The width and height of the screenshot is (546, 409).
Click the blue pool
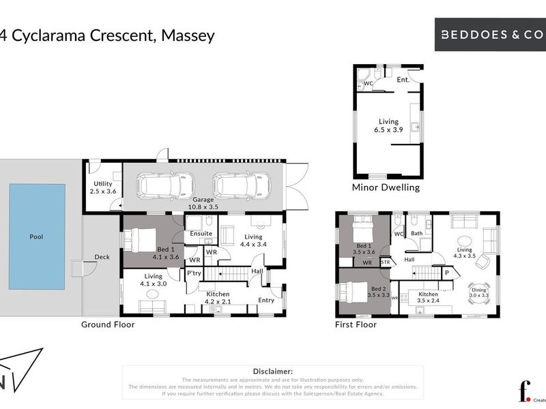[37, 236]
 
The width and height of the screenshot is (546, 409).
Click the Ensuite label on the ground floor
[201, 234]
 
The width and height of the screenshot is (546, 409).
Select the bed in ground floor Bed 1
[141, 239]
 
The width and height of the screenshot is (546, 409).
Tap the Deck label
[102, 257]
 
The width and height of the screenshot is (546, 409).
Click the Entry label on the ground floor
[266, 300]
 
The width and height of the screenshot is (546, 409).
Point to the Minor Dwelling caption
[386, 187]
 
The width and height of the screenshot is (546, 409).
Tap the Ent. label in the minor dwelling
[403, 80]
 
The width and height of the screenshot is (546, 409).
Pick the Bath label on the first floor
[416, 233]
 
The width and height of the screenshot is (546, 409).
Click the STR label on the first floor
[385, 261]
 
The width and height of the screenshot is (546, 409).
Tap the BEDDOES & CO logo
[490, 33]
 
